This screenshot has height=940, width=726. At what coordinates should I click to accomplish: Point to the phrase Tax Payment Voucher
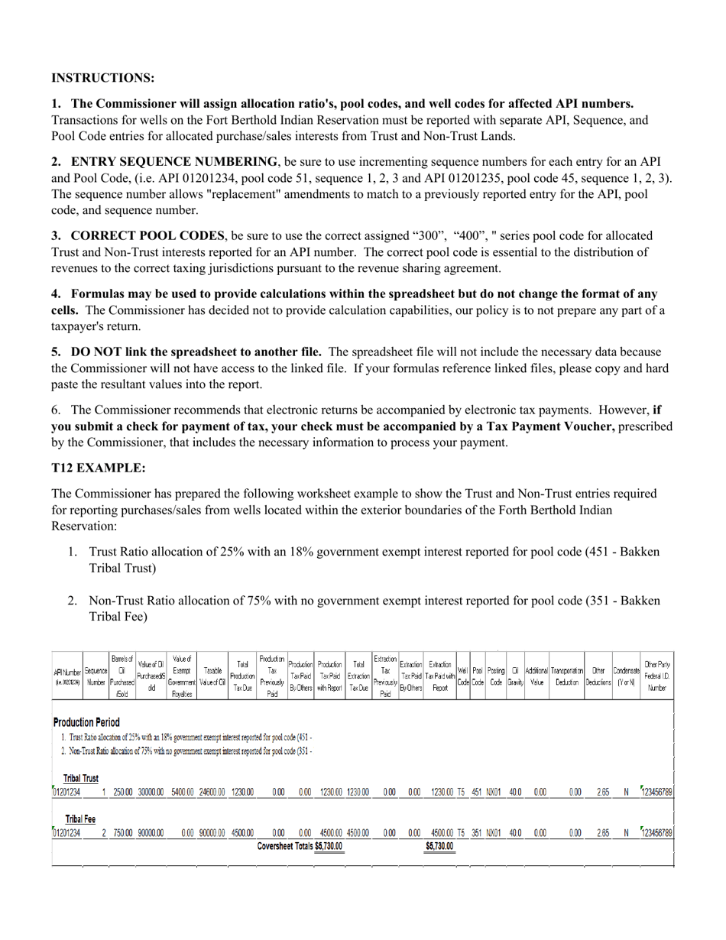(x=550, y=426)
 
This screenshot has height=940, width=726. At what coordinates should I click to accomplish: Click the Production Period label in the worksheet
(x=86, y=722)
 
